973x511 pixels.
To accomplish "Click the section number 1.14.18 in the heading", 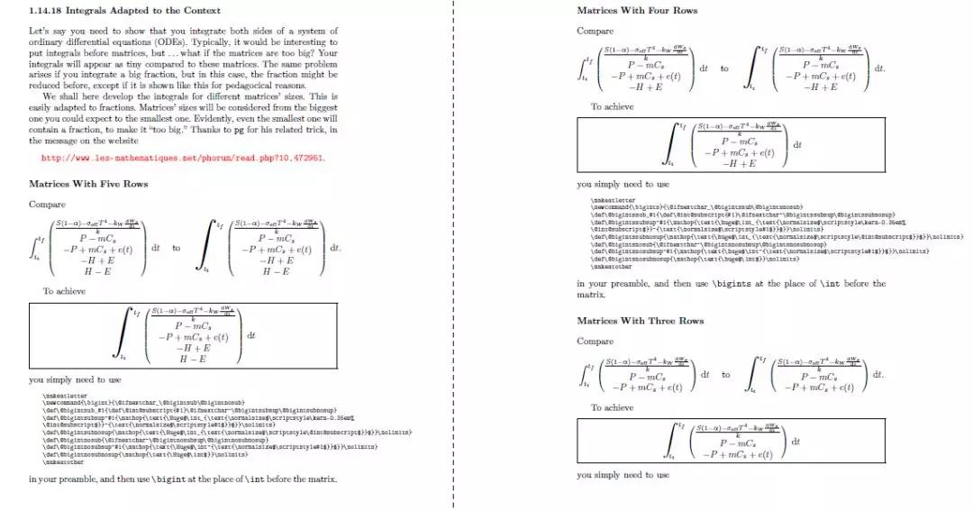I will coord(46,10).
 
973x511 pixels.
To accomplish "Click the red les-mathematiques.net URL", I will coord(183,158).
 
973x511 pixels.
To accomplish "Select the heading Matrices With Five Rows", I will coord(88,184).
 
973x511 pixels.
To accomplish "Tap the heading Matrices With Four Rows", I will coord(637,11).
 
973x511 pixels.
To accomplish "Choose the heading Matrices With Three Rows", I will coord(640,321).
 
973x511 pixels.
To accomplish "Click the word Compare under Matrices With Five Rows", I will coord(47,205).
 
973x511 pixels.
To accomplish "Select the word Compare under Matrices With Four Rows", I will coord(595,31).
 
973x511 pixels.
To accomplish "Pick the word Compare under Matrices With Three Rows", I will coord(595,342).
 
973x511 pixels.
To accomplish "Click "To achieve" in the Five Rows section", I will coord(64,291).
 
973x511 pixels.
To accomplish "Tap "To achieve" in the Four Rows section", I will coord(612,106).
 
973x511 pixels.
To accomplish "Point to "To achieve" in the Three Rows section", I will coord(612,407).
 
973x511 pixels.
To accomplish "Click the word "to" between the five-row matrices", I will coord(176,248).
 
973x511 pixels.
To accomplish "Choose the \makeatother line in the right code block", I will coord(612,267).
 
